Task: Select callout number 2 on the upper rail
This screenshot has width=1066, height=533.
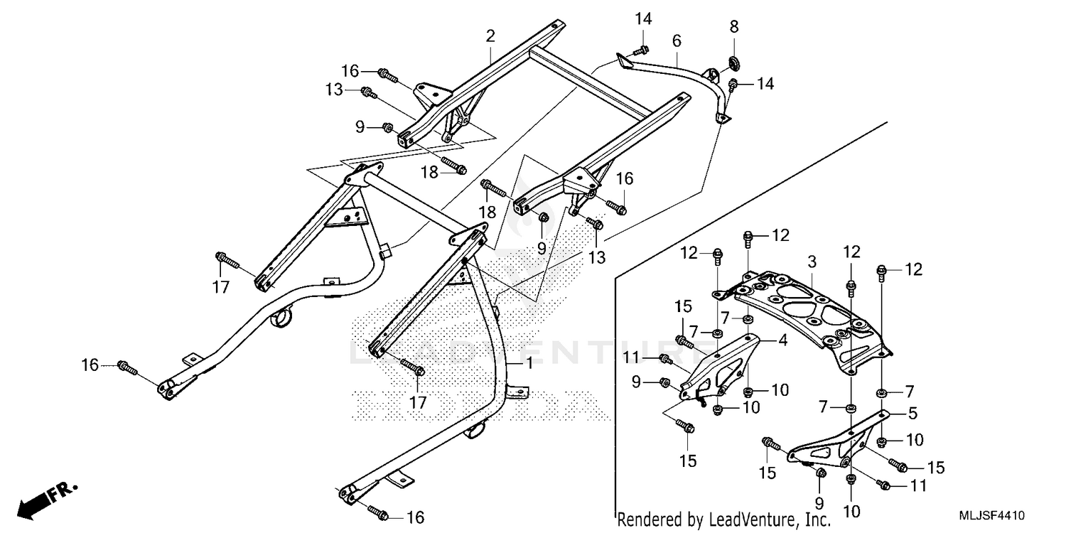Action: [490, 36]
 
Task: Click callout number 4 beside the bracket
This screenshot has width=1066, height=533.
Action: [782, 340]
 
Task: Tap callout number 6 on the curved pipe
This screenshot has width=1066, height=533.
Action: [676, 41]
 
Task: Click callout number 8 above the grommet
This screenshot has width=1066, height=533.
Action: [734, 26]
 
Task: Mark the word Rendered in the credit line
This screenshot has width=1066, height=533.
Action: [644, 520]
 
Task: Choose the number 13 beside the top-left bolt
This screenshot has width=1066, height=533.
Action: [334, 90]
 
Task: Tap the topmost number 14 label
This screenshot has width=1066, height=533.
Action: [643, 18]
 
